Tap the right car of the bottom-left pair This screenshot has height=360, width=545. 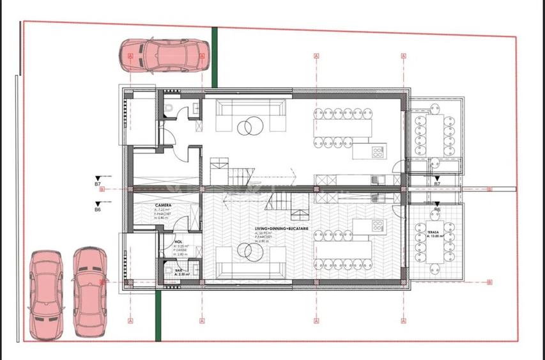click(x=88, y=292)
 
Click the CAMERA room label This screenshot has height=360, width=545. click(x=163, y=206)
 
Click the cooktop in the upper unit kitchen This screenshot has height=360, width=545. click(x=378, y=152)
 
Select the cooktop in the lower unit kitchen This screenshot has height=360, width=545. click(x=378, y=225)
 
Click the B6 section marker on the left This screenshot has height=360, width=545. click(x=98, y=207)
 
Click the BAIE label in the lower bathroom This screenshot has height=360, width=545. click(x=179, y=271)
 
